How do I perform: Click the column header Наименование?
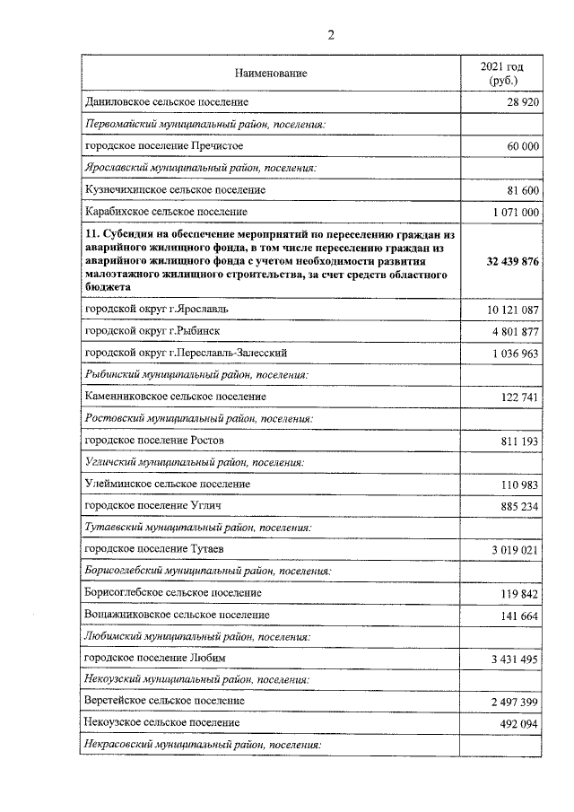coord(271,74)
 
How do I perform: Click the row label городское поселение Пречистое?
coord(163,145)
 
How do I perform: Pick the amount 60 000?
coord(520,146)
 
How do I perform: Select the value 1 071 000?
coord(515,213)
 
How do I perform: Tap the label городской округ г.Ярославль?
coord(156,309)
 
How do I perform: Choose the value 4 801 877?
coord(515,332)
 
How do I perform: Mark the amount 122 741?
coord(517,397)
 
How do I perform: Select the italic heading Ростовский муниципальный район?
coord(198,418)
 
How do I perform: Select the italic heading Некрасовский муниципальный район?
coord(202,746)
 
